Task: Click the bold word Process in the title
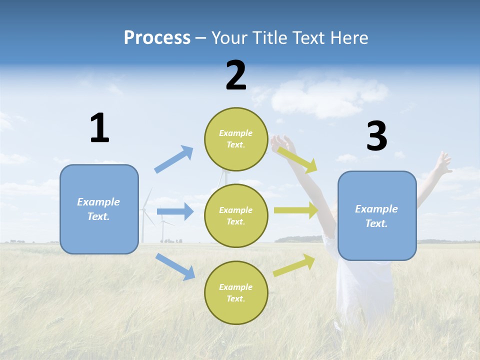(x=157, y=38)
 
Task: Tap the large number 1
(x=99, y=128)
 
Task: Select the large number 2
(x=236, y=75)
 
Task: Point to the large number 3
(x=376, y=136)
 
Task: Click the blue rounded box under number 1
(x=99, y=209)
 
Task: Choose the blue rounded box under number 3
(x=377, y=216)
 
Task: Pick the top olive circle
(x=236, y=139)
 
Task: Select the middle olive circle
(x=236, y=215)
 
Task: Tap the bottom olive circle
(x=236, y=292)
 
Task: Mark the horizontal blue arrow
(x=175, y=211)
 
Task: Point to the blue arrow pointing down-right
(x=175, y=266)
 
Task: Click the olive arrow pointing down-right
(x=297, y=159)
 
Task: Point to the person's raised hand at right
(x=443, y=162)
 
